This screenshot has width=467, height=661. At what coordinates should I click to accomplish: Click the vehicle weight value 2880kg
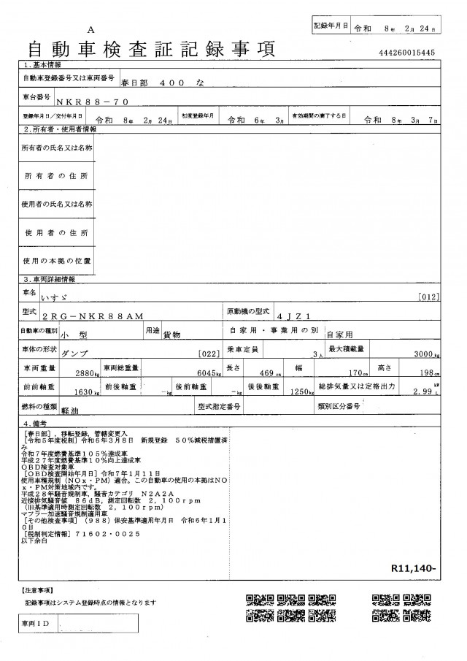[88, 372]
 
